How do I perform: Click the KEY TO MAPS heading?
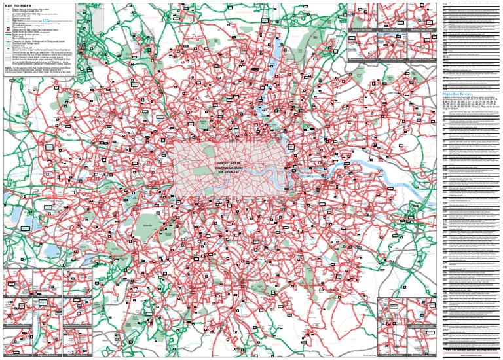[21, 6]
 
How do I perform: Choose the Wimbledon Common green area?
[172, 243]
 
